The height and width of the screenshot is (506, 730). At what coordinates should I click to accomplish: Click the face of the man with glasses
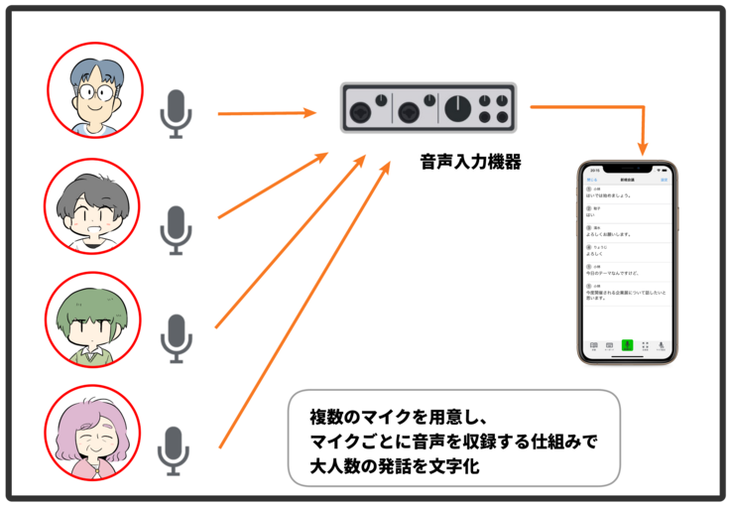95,90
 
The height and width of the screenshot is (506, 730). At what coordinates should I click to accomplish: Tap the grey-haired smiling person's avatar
92,205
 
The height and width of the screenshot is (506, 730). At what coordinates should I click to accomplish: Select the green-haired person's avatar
92,320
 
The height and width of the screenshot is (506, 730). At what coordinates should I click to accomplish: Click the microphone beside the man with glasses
177,113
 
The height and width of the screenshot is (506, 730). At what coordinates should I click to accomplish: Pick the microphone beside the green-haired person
177,337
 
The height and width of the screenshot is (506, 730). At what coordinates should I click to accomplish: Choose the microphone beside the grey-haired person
177,229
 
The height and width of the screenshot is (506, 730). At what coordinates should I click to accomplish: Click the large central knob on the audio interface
457,107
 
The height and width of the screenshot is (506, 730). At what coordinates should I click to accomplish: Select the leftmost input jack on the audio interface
360,107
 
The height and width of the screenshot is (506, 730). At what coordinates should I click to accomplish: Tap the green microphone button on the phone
626,346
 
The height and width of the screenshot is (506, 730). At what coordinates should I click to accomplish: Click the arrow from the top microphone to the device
266,114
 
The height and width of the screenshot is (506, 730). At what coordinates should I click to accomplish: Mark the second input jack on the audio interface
409,107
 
